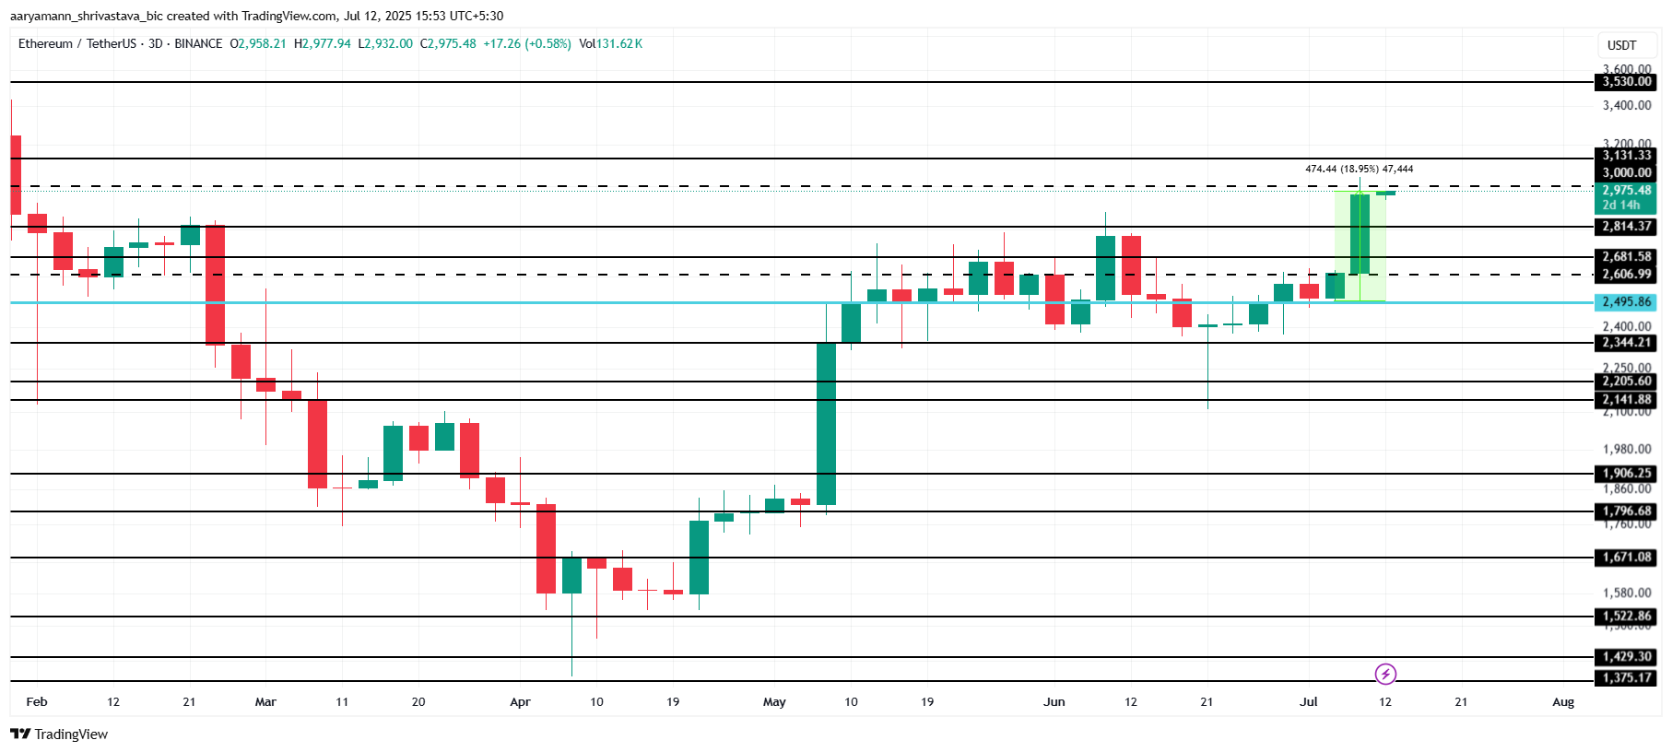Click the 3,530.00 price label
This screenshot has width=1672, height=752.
pyautogui.click(x=1626, y=82)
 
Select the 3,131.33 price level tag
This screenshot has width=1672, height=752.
pyautogui.click(x=1626, y=156)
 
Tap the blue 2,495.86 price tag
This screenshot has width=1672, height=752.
pyautogui.click(x=1626, y=302)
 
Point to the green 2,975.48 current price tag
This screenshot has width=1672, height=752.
pyautogui.click(x=1626, y=191)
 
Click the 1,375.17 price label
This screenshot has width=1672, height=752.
pyautogui.click(x=1626, y=678)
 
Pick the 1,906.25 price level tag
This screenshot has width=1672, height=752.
pyautogui.click(x=1626, y=474)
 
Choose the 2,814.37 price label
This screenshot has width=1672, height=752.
pyautogui.click(x=1626, y=227)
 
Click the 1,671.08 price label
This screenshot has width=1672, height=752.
pyautogui.click(x=1626, y=558)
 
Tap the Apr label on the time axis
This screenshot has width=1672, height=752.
pyautogui.click(x=520, y=702)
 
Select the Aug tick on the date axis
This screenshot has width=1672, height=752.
pyautogui.click(x=1563, y=702)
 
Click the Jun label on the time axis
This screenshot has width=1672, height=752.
pyautogui.click(x=1054, y=702)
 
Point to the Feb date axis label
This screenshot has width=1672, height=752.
pyautogui.click(x=37, y=702)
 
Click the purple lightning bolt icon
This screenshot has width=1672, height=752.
pyautogui.click(x=1385, y=675)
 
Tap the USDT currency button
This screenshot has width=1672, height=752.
pyautogui.click(x=1621, y=45)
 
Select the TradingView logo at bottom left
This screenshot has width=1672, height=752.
pyautogui.click(x=59, y=734)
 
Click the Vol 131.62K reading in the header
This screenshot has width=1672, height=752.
pyautogui.click(x=610, y=44)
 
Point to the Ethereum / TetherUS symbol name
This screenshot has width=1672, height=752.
pyautogui.click(x=77, y=44)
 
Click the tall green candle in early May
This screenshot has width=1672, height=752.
pyautogui.click(x=826, y=424)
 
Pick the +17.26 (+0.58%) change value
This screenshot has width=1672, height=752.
pyautogui.click(x=527, y=44)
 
